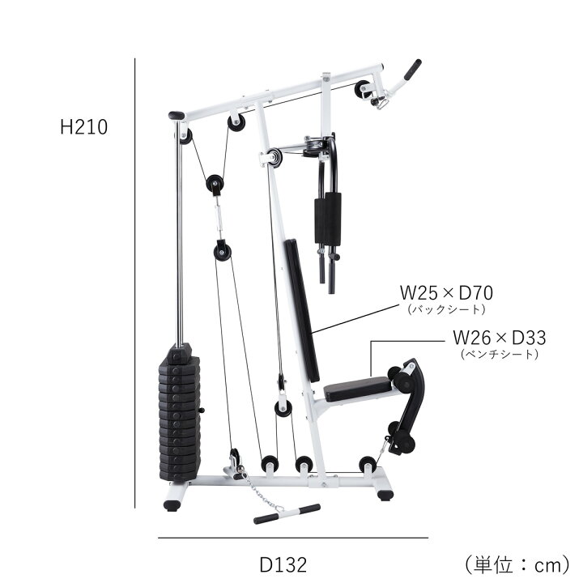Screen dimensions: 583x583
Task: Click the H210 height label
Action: click(x=84, y=127)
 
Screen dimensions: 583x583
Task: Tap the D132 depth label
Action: click(x=283, y=565)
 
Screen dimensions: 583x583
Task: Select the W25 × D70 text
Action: click(x=446, y=293)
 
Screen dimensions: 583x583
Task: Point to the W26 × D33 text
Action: click(x=500, y=338)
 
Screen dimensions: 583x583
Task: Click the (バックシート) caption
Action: click(x=446, y=309)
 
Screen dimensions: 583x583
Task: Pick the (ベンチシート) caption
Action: click(x=500, y=354)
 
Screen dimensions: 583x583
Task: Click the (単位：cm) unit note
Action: click(x=517, y=564)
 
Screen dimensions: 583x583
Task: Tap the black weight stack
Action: click(x=180, y=413)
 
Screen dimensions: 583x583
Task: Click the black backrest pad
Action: click(x=302, y=310)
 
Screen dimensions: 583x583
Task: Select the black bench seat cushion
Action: click(x=358, y=389)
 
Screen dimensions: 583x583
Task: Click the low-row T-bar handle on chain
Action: click(x=287, y=514)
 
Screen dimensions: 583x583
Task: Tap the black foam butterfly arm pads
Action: click(x=328, y=219)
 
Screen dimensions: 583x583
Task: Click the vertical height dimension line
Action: click(x=135, y=283)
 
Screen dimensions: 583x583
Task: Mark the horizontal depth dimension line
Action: click(x=293, y=538)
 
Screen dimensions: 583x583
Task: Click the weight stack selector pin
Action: click(x=201, y=410)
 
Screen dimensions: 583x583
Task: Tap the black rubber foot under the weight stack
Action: click(x=172, y=505)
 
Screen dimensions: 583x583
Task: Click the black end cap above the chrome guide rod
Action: click(x=177, y=116)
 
